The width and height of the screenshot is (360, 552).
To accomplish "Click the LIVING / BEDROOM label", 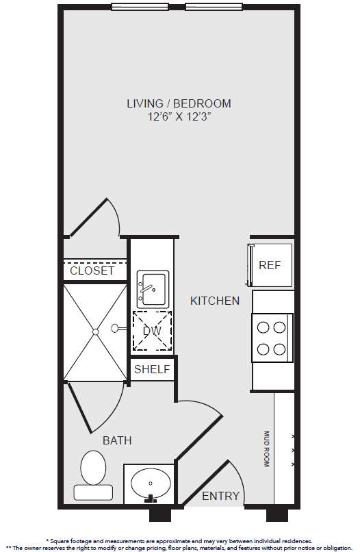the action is (x=179, y=103).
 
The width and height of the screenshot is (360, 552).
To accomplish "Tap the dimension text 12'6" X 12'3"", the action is (x=179, y=116).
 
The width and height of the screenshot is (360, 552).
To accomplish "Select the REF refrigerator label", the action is (x=270, y=265).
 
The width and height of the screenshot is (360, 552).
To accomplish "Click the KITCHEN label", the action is (x=215, y=301).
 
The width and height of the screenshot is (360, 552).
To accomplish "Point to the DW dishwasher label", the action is (x=152, y=331).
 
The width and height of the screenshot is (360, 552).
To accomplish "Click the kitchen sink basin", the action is (x=153, y=290).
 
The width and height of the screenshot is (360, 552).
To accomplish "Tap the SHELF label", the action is (x=152, y=369).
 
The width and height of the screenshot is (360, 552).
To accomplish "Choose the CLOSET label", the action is (x=92, y=271).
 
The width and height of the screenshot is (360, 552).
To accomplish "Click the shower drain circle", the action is (x=95, y=331).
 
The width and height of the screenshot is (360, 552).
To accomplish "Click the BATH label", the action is (x=117, y=440).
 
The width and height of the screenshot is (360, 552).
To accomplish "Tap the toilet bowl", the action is (x=93, y=468).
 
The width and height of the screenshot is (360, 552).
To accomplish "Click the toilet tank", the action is (x=93, y=492).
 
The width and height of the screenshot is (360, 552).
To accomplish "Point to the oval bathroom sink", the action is (x=151, y=484).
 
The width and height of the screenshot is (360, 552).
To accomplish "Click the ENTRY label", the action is (x=220, y=496).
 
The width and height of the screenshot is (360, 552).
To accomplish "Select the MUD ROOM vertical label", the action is (x=266, y=449).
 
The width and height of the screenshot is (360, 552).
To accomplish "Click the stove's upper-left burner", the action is (x=263, y=327).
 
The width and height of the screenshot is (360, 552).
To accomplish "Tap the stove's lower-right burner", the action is (x=279, y=349).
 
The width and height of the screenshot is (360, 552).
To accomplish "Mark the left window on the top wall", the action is (x=140, y=7).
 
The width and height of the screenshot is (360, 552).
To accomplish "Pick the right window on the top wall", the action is (x=214, y=7).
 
